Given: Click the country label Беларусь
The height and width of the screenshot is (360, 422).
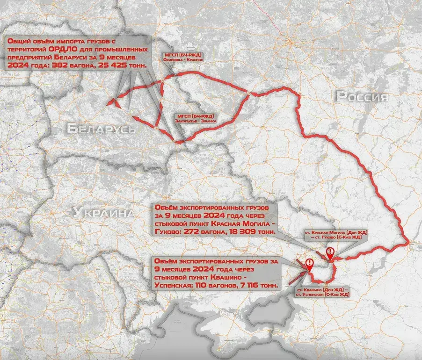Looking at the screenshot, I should click(101, 129).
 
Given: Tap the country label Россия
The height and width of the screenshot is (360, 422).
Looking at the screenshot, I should click(362, 97).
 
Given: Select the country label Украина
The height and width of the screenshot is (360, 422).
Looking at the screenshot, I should click(103, 213).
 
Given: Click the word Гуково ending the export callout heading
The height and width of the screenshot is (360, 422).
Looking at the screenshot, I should click(168, 231).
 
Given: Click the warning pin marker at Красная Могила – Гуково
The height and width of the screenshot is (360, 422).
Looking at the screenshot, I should click(330, 253).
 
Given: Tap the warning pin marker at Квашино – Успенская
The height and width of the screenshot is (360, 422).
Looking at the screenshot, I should click(309, 265).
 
